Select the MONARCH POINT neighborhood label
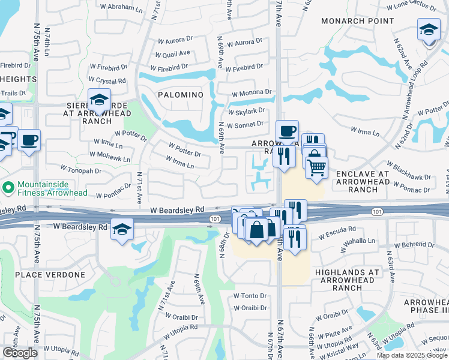click(357, 20)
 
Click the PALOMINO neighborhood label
click(181, 95)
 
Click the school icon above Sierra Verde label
click(99, 100)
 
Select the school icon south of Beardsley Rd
click(122, 229)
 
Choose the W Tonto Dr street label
click(250, 296)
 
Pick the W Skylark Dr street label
click(246, 112)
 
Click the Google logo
click(20, 353)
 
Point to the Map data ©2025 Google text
click(411, 355)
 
